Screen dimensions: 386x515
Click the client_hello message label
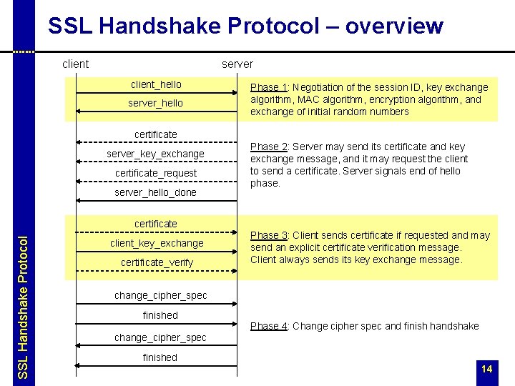[156, 84]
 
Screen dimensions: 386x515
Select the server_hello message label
[156, 103]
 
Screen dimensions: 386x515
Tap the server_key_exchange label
[156, 154]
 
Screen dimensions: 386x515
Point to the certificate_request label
[156, 173]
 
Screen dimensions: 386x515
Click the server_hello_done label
[156, 192]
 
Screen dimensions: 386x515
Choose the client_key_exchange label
[156, 243]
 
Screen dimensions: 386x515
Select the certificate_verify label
[156, 262]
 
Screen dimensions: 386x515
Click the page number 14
[487, 369]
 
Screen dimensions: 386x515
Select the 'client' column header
[75, 64]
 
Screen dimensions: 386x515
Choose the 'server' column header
[237, 64]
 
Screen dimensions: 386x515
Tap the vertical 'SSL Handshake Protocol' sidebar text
[22, 300]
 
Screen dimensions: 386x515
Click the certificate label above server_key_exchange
[156, 134]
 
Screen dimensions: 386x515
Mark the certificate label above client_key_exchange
[156, 224]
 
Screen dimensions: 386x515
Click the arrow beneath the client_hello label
[156, 93]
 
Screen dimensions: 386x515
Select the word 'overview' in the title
[394, 26]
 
